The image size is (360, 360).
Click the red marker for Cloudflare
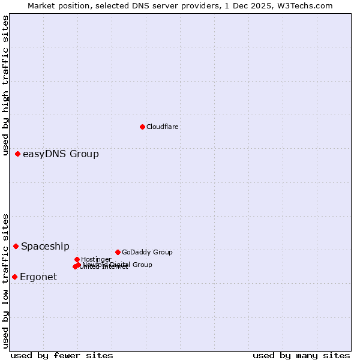point(142,127)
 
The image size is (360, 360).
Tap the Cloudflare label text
point(162,127)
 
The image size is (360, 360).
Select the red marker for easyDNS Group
point(17,154)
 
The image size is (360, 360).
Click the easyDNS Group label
point(61,154)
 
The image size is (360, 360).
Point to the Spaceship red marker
point(16,246)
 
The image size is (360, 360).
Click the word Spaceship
point(45,246)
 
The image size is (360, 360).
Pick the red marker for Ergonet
point(14,277)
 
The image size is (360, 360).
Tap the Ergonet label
point(38,277)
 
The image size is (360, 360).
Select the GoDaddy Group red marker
point(118,252)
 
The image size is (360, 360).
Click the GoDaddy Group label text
point(147,252)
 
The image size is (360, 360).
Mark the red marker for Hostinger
point(77,259)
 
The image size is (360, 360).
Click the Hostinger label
point(96,259)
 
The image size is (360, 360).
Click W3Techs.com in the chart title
point(307,5)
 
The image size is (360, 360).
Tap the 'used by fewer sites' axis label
point(62,355)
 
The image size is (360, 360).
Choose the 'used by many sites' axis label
point(301,355)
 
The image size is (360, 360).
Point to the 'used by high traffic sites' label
point(5,86)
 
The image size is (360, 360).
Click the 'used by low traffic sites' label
point(5,280)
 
